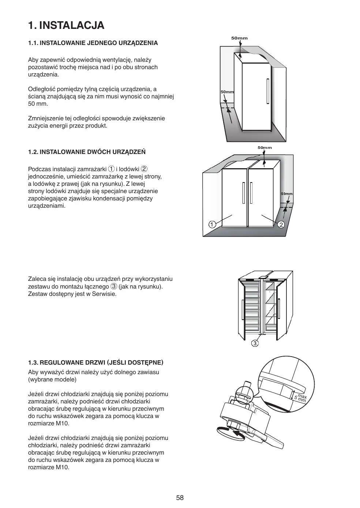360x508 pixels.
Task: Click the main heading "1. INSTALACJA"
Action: click(66, 25)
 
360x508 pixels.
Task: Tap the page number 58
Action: click(180, 497)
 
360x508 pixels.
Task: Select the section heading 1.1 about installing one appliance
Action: click(93, 43)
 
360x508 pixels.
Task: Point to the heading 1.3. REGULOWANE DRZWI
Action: click(95, 362)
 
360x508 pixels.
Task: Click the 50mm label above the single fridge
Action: click(240, 38)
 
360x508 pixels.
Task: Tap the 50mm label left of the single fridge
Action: click(227, 92)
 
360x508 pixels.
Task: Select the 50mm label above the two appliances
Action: click(265, 147)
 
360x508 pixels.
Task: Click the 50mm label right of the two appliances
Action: click(287, 193)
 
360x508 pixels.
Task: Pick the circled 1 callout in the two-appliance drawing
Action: click(211, 224)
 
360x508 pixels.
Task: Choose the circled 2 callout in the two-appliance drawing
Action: click(281, 224)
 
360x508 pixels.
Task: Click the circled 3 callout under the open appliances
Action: click(255, 343)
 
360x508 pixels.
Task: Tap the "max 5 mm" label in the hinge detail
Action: click(301, 398)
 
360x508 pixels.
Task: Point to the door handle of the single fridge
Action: click(268, 90)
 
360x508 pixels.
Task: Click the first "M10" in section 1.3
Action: click(63, 424)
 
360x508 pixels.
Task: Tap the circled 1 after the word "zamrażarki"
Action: click(111, 169)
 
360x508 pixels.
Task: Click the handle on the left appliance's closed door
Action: click(243, 193)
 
